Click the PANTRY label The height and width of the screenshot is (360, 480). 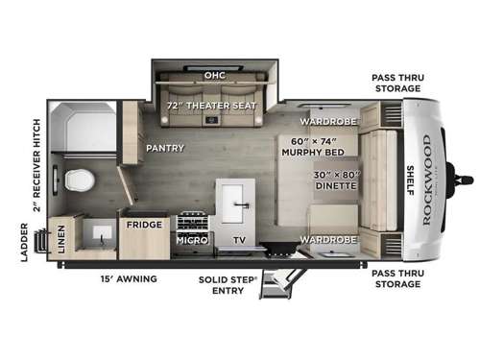click(165, 149)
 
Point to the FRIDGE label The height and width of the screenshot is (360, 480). click(144, 226)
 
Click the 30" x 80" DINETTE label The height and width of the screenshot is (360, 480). click(323, 180)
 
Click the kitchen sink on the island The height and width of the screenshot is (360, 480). click(232, 202)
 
